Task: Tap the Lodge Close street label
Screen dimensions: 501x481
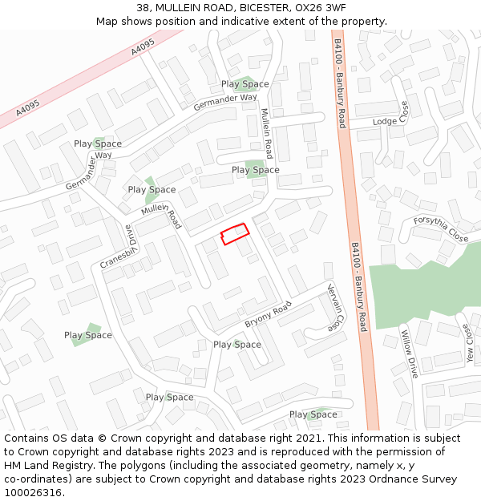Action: [390, 121]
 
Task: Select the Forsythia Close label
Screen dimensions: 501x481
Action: [441, 229]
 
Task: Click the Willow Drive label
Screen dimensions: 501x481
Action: [409, 354]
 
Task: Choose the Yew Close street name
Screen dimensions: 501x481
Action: [467, 344]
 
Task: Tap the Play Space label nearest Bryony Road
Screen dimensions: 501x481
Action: [237, 345]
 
